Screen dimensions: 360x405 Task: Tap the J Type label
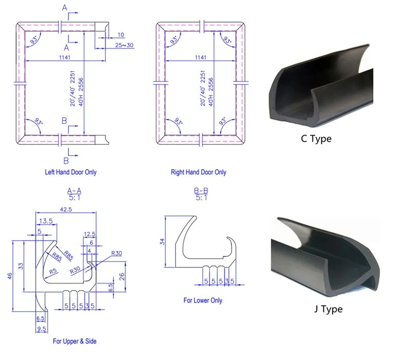[x=327, y=309]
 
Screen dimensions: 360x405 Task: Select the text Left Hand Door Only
[x=70, y=172]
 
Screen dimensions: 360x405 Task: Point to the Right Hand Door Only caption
[x=198, y=172]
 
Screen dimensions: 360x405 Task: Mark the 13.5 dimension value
[x=46, y=220]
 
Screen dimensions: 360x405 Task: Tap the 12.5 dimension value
[x=90, y=234]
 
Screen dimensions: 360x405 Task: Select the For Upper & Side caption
[x=74, y=341]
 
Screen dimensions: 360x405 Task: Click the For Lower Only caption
[x=203, y=300]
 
